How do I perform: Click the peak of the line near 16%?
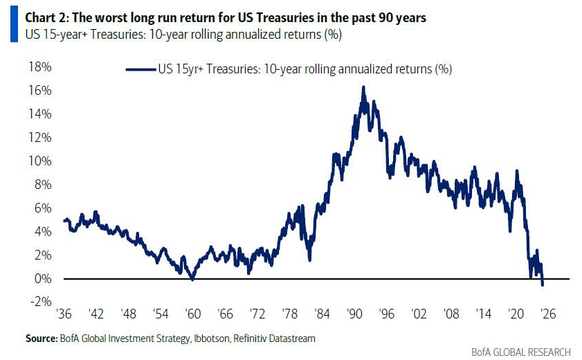point(363,87)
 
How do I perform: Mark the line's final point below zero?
point(543,285)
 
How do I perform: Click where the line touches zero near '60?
point(193,278)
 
